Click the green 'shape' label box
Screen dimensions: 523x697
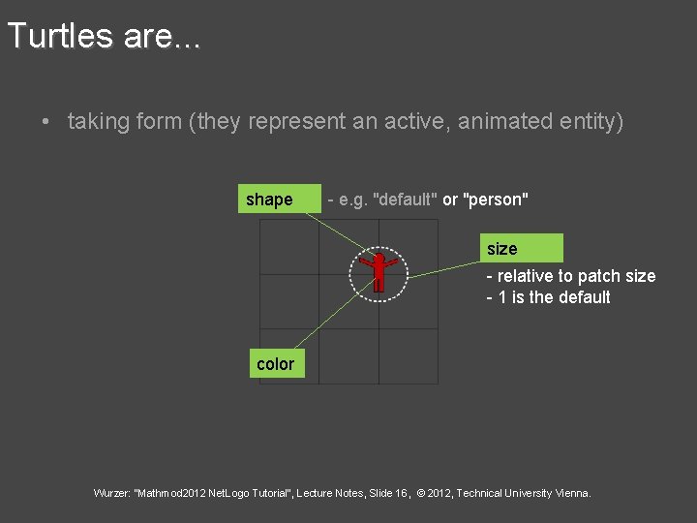coord(281,200)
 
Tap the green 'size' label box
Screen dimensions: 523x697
coord(524,249)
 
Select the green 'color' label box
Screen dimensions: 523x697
coord(276,364)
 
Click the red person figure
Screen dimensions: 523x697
coord(379,271)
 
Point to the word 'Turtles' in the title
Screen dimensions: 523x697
coord(61,37)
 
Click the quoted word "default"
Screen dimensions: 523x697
coord(405,200)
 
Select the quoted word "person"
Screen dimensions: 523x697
coord(497,200)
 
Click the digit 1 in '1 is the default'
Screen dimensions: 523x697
coord(502,297)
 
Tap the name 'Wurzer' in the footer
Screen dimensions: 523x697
coord(112,493)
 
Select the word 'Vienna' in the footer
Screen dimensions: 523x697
coord(571,493)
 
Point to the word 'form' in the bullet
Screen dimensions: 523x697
coord(162,122)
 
